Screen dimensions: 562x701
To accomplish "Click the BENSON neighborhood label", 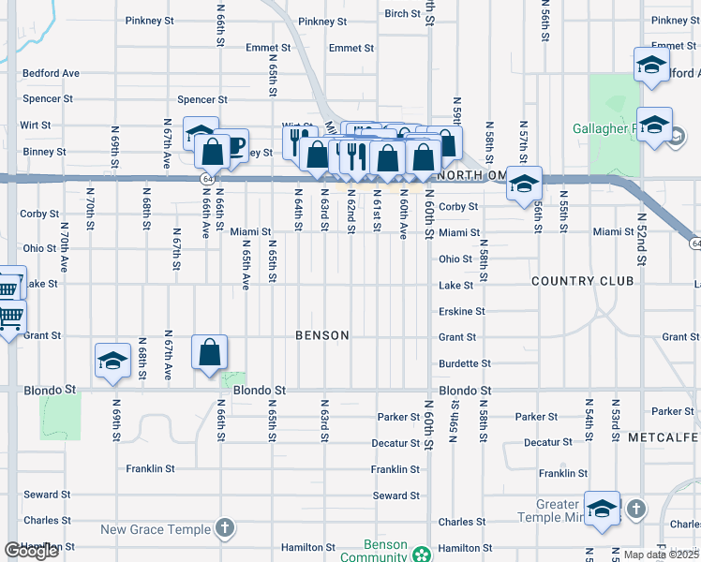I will [x=321, y=335].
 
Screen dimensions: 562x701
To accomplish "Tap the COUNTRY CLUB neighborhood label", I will [x=582, y=281].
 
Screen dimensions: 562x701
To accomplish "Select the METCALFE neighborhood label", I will [x=664, y=437].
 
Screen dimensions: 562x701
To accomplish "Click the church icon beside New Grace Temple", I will [x=224, y=529].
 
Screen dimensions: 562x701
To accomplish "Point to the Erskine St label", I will [x=461, y=311].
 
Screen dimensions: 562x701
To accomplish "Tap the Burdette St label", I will [x=464, y=363].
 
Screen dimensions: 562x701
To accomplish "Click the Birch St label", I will [x=402, y=14].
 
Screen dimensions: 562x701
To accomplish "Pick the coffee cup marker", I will [x=232, y=146].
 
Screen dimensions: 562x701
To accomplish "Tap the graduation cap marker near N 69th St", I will [x=112, y=362].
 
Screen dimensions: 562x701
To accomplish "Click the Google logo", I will [x=32, y=551].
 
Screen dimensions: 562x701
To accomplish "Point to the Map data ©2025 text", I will [x=661, y=555].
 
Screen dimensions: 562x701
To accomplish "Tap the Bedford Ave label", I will [x=52, y=73].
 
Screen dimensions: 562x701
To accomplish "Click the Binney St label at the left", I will [x=43, y=151].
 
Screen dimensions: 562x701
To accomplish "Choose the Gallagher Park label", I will [x=605, y=128].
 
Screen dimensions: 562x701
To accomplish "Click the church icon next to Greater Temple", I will [x=635, y=509].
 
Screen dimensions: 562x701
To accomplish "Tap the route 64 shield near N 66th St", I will [x=204, y=176].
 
